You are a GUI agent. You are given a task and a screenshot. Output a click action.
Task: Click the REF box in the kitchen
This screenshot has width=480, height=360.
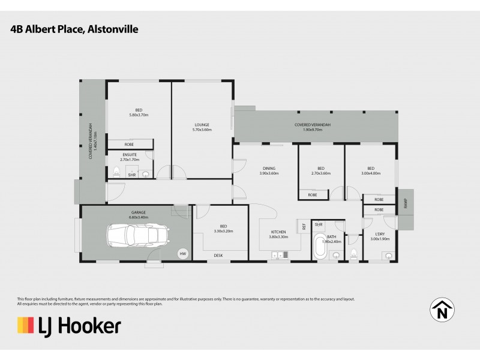click(304, 226)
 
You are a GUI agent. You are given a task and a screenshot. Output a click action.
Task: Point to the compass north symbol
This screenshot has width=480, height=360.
click(442, 310)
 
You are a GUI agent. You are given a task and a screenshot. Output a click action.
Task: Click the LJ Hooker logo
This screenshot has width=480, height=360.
click(69, 326)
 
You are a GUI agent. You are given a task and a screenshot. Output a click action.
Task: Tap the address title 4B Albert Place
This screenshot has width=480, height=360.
click(74, 28)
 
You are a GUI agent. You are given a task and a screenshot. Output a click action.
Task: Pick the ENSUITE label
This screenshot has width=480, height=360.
click(130, 155)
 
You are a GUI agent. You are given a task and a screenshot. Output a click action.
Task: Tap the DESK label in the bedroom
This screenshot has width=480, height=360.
click(218, 256)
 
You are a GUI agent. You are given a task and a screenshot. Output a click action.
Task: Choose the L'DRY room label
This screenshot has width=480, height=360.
click(379, 233)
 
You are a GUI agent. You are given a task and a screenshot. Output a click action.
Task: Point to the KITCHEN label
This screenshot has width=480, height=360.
click(278, 232)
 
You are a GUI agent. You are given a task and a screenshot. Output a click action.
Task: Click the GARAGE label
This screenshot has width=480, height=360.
click(139, 212)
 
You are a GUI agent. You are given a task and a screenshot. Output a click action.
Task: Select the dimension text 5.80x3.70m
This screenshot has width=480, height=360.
click(139, 115)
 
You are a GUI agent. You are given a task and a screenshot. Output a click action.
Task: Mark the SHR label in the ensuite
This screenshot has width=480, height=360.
click(131, 175)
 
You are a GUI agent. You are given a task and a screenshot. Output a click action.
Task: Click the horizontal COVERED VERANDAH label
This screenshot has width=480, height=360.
click(313, 124)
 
